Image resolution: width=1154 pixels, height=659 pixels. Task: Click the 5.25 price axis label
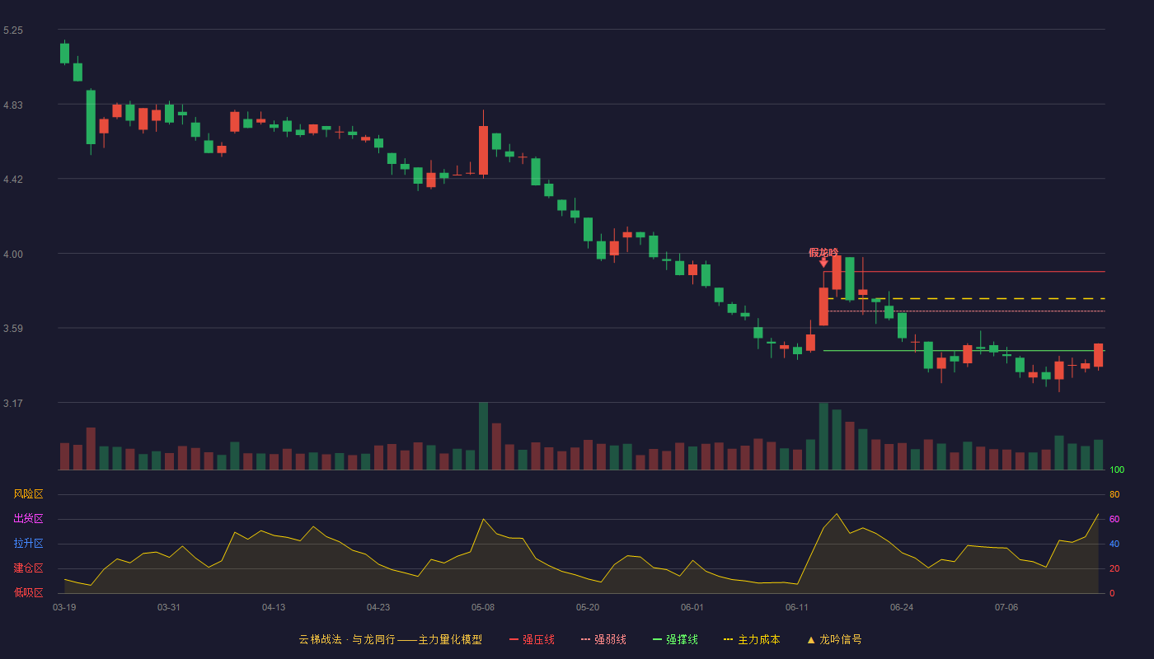click(x=13, y=30)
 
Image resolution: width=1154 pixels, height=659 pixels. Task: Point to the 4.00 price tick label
click(x=13, y=255)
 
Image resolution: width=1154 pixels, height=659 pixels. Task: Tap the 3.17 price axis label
click(x=13, y=403)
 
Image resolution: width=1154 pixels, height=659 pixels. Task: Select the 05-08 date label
click(x=483, y=608)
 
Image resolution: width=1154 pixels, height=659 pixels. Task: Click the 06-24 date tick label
click(x=902, y=608)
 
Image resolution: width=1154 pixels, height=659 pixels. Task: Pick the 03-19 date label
click(x=64, y=608)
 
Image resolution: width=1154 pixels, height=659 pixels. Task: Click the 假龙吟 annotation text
click(x=823, y=252)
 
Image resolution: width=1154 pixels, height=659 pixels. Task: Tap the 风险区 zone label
click(x=28, y=494)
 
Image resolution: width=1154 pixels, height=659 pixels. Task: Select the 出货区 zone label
click(x=28, y=518)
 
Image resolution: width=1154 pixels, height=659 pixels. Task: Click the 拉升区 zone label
click(x=28, y=543)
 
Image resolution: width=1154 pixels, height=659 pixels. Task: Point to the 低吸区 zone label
click(x=28, y=592)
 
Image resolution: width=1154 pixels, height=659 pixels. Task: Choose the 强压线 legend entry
click(x=532, y=639)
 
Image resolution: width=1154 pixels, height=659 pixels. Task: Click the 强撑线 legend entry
click(x=675, y=639)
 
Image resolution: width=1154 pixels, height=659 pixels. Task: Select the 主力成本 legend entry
click(x=752, y=639)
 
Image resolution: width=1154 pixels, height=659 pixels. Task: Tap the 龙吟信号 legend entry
click(x=834, y=639)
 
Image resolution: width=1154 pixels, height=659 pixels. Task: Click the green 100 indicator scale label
click(x=1117, y=470)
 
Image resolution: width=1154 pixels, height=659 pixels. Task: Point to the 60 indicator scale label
click(x=1114, y=519)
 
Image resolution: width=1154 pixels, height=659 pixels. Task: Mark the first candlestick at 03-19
click(x=64, y=53)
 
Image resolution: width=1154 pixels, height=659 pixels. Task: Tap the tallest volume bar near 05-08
click(x=483, y=436)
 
